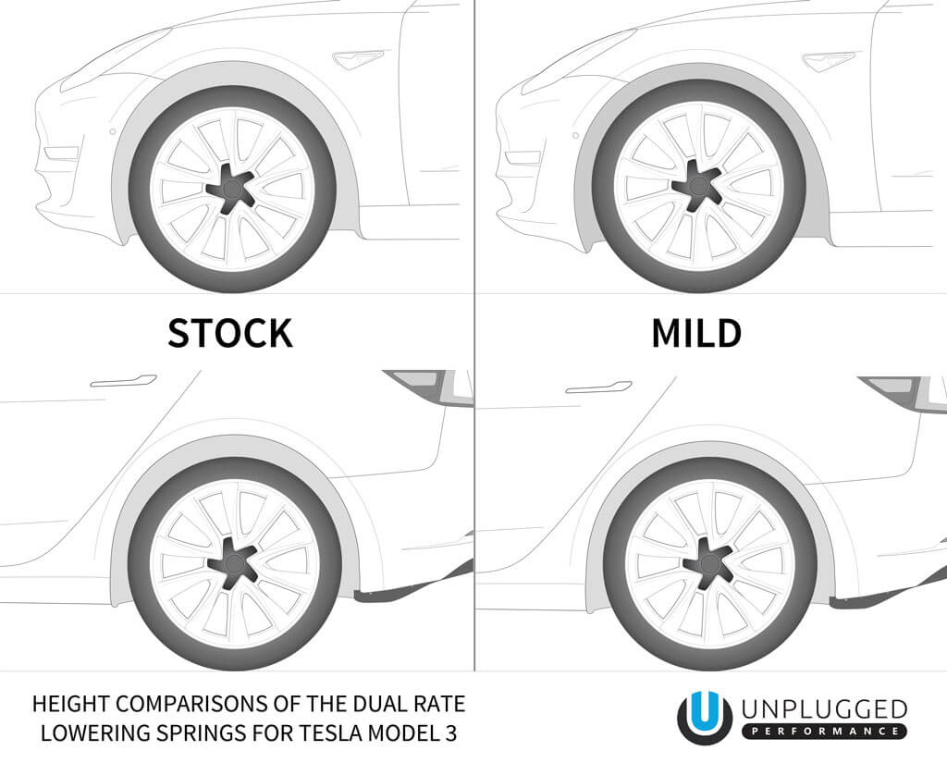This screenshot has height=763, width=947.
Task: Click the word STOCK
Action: [x=229, y=333]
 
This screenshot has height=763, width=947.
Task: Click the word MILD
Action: [x=695, y=333]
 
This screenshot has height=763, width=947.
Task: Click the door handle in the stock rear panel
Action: [x=123, y=380]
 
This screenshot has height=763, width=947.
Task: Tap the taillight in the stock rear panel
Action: [x=427, y=385]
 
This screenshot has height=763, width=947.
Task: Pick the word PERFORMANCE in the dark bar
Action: [x=824, y=732]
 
